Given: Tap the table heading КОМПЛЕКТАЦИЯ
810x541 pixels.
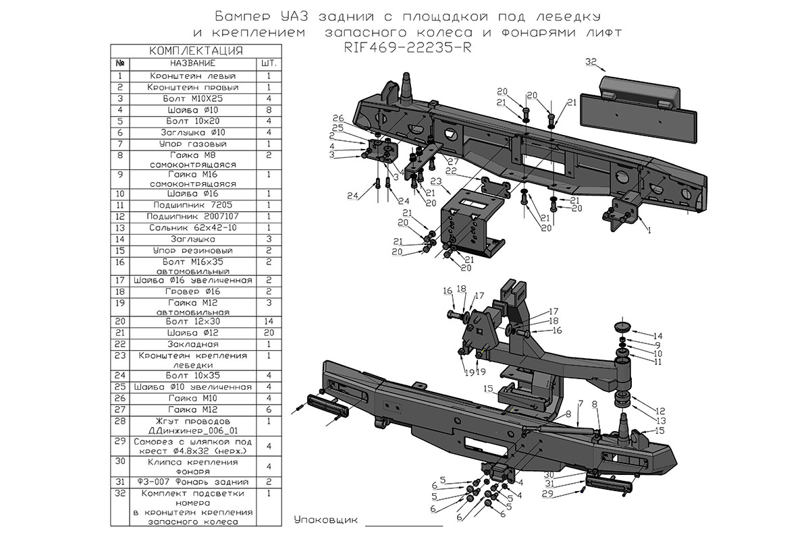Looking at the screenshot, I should point(195,51).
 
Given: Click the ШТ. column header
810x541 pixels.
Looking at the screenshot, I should point(269,63).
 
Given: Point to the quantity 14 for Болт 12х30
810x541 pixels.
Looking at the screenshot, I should point(269,321).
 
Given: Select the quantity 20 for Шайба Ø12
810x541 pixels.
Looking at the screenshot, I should point(269,333).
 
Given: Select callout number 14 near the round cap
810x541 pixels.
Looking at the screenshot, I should point(657,335).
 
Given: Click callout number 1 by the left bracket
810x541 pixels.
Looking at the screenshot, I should point(649,230).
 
